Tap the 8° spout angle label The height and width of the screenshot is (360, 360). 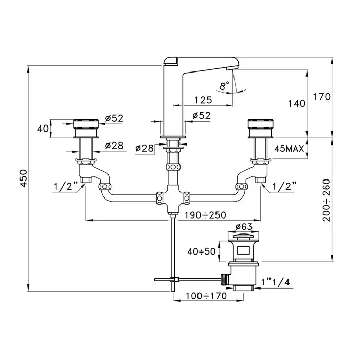pos(224,86)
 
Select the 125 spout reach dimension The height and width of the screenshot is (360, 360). pos(203,100)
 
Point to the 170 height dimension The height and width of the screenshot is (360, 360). pos(324,97)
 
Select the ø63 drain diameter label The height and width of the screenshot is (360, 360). pos(241,227)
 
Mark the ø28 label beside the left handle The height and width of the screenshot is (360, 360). pos(114,146)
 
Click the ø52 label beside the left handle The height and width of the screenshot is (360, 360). pos(114,118)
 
